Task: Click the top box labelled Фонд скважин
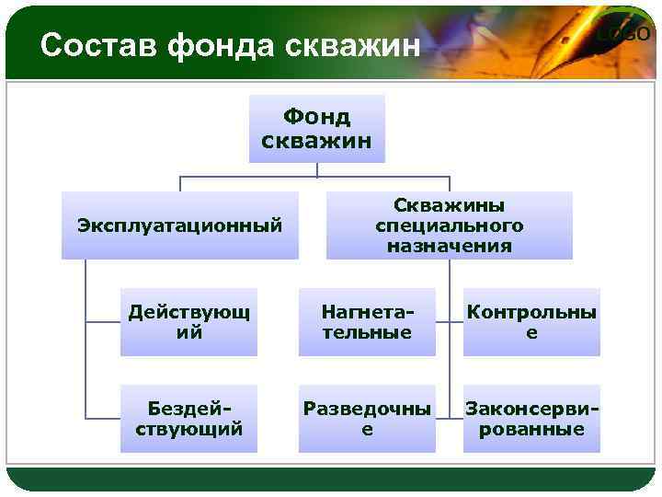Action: [x=316, y=129]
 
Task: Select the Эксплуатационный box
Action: [x=180, y=225]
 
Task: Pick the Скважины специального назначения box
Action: [x=449, y=225]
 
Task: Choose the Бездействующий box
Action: [x=188, y=419]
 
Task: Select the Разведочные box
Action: [x=367, y=419]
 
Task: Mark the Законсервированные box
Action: [x=531, y=419]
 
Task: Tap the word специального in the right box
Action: [x=449, y=225]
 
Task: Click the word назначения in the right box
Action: [x=449, y=246]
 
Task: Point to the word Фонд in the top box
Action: [x=316, y=118]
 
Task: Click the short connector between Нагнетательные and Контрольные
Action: [x=449, y=323]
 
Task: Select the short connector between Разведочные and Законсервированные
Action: [x=449, y=419]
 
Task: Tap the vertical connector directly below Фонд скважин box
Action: [x=316, y=169]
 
